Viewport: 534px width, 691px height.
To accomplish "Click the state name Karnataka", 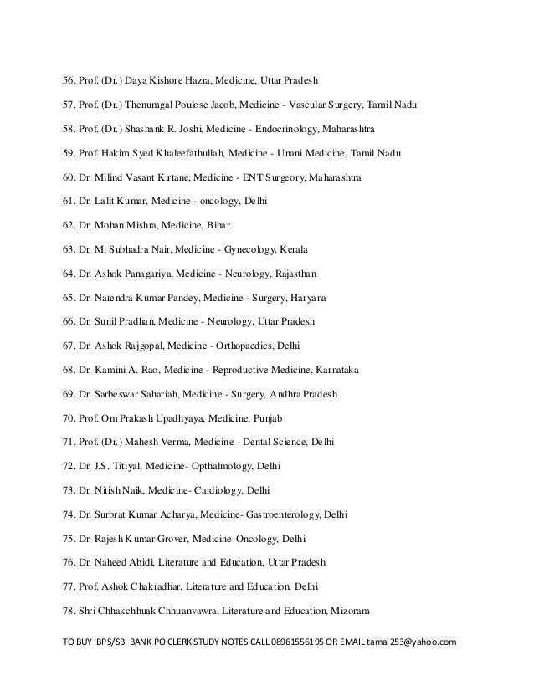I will tap(346, 369).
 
